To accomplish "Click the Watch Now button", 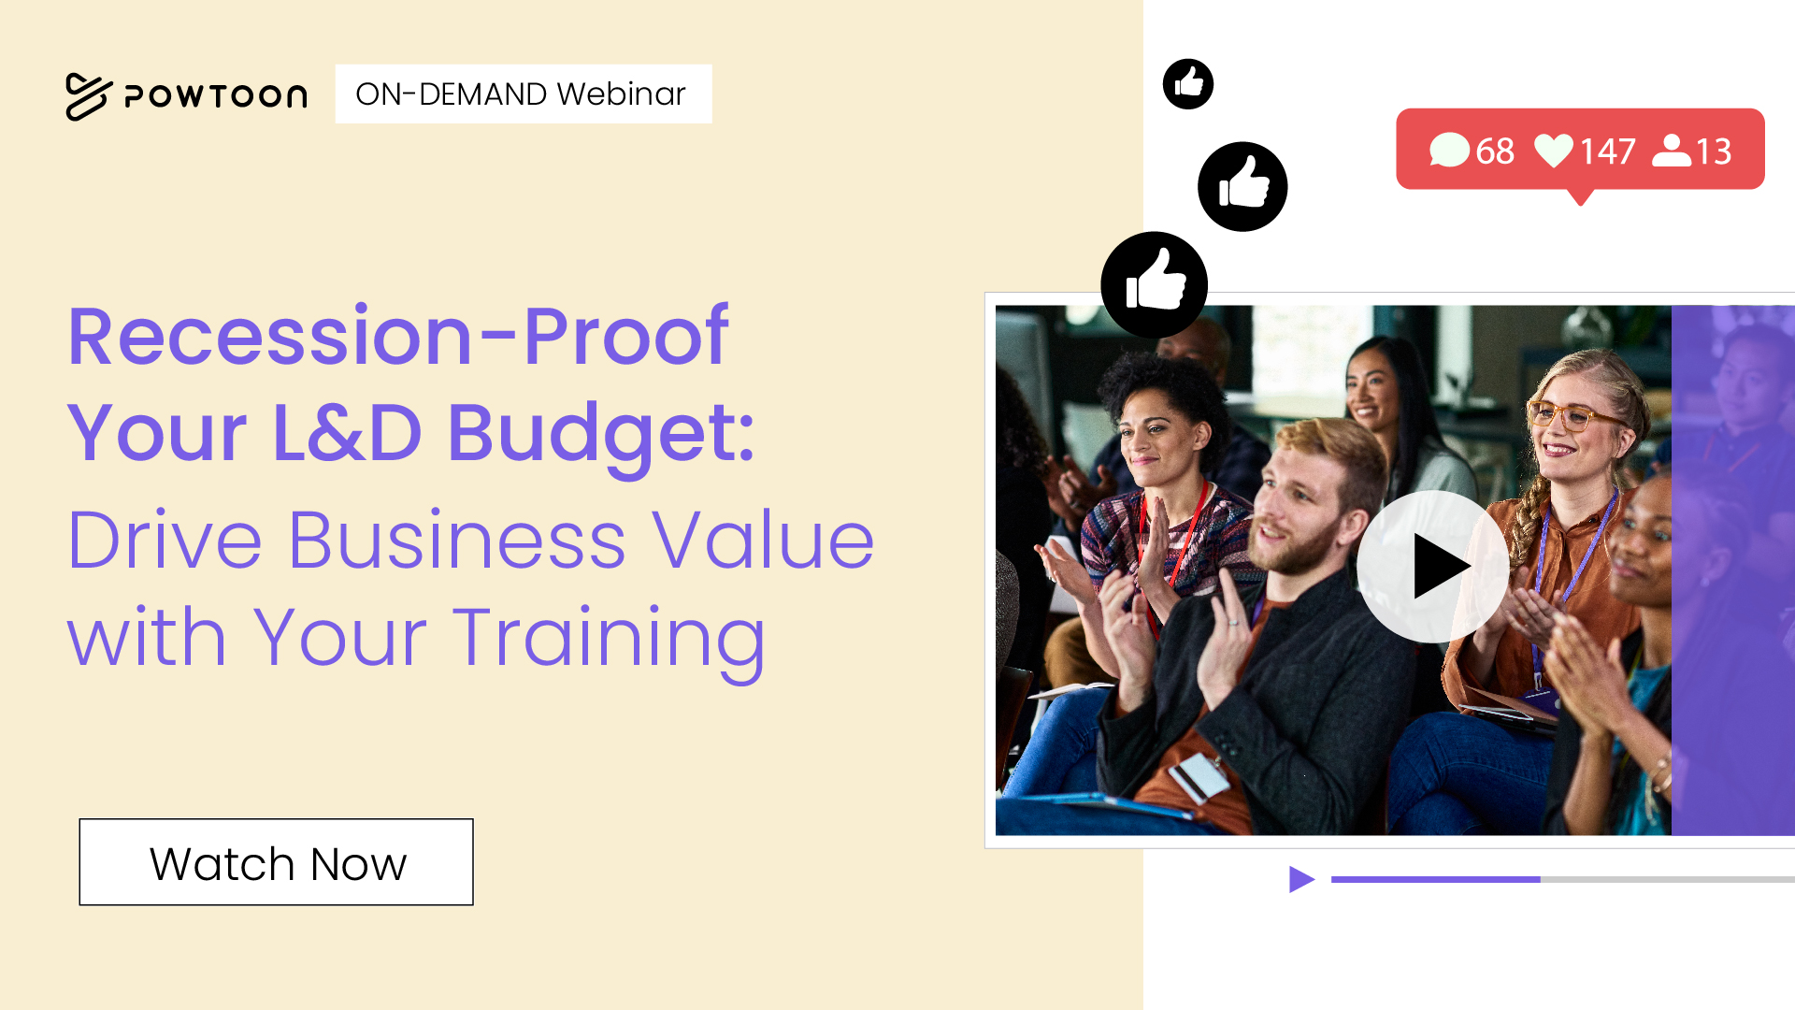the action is [276, 862].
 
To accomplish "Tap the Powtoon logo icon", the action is [88, 96].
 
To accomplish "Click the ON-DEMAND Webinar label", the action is [523, 94].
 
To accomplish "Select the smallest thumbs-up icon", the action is [1188, 84].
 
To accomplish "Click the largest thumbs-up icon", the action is [1154, 285].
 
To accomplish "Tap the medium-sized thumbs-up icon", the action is [1242, 186].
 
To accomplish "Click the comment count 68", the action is [1495, 151].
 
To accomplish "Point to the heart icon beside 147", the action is [1555, 151].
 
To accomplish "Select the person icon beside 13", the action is [1672, 151].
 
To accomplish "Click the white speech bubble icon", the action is [1449, 151].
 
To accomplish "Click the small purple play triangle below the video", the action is [1301, 879].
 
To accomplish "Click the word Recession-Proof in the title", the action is [398, 336].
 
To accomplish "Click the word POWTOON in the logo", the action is [216, 96].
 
